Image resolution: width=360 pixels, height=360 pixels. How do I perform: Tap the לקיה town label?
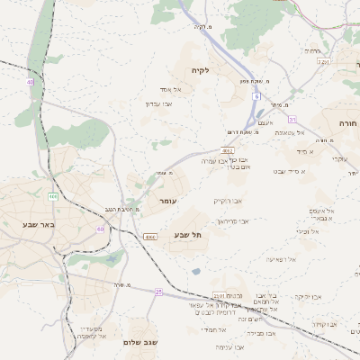point(199,70)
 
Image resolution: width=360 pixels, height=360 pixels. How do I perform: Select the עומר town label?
point(168,201)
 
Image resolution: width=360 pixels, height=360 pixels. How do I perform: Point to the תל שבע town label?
point(188,234)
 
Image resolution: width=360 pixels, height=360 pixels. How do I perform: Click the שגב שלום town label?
point(142,342)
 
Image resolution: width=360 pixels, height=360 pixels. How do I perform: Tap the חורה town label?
point(347,122)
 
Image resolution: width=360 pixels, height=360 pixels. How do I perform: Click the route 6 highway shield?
point(256,95)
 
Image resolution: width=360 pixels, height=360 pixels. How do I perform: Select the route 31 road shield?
point(292,119)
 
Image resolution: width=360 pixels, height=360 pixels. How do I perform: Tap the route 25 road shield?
point(158,292)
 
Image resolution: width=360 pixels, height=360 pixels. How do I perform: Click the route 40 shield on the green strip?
point(30,82)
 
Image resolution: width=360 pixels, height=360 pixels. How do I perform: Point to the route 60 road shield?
point(100,229)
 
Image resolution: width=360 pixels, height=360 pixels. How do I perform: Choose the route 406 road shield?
point(53,195)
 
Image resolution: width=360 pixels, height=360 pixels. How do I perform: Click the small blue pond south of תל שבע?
point(196,270)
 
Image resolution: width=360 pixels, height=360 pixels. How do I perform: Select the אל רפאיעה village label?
point(281,258)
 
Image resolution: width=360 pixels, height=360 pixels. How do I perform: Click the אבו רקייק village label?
point(228,201)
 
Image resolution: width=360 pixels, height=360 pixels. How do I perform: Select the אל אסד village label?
point(171,89)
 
